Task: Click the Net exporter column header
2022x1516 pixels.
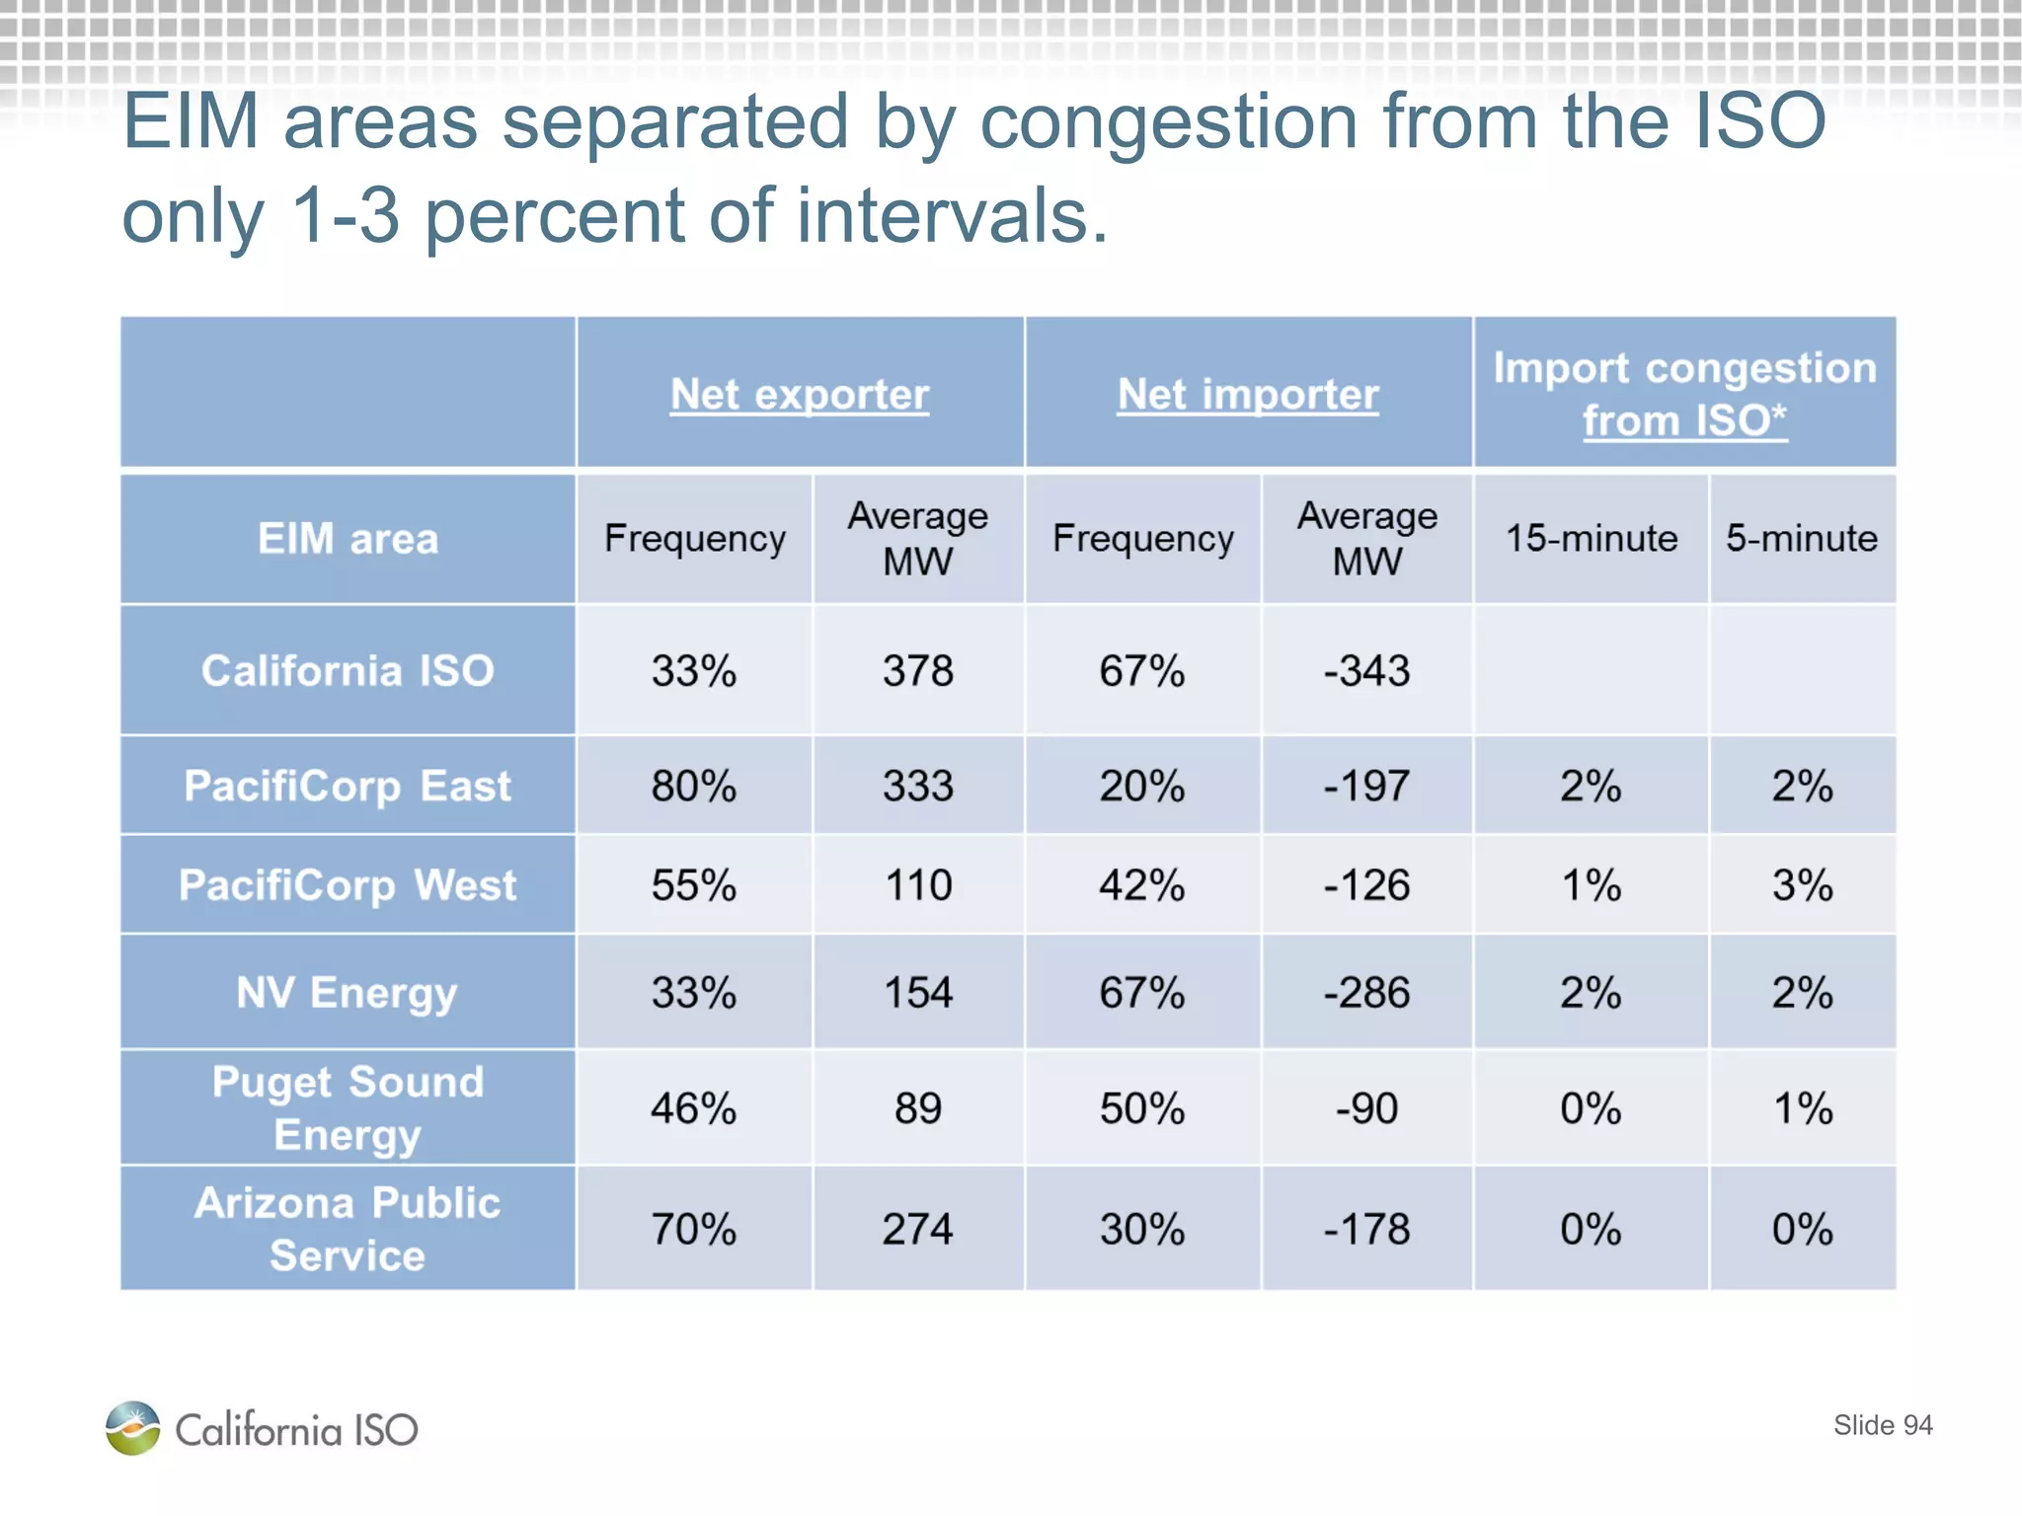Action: click(799, 395)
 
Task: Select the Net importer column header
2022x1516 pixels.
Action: click(1247, 395)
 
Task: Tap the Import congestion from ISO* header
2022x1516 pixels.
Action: click(1684, 394)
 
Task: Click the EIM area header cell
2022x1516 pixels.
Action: click(348, 539)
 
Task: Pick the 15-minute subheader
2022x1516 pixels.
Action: click(1591, 539)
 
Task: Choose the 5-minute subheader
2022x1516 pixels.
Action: click(1801, 539)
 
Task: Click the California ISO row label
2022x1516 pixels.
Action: click(348, 671)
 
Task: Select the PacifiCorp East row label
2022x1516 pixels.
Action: click(348, 787)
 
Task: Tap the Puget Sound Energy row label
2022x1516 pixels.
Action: click(348, 1107)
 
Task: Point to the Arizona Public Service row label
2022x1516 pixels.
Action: click(348, 1229)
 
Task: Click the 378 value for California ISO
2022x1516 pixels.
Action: click(917, 671)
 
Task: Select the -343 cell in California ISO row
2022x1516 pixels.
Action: click(1366, 671)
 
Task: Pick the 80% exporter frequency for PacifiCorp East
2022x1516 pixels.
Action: click(693, 787)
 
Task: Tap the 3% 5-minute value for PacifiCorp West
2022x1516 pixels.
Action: click(1801, 885)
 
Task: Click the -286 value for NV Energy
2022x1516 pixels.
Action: click(1366, 993)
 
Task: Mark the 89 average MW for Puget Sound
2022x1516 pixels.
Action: click(917, 1108)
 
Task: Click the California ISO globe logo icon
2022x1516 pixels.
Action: click(133, 1428)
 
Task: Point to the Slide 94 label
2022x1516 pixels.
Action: click(1882, 1425)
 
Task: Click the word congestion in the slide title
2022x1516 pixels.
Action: click(1169, 122)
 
